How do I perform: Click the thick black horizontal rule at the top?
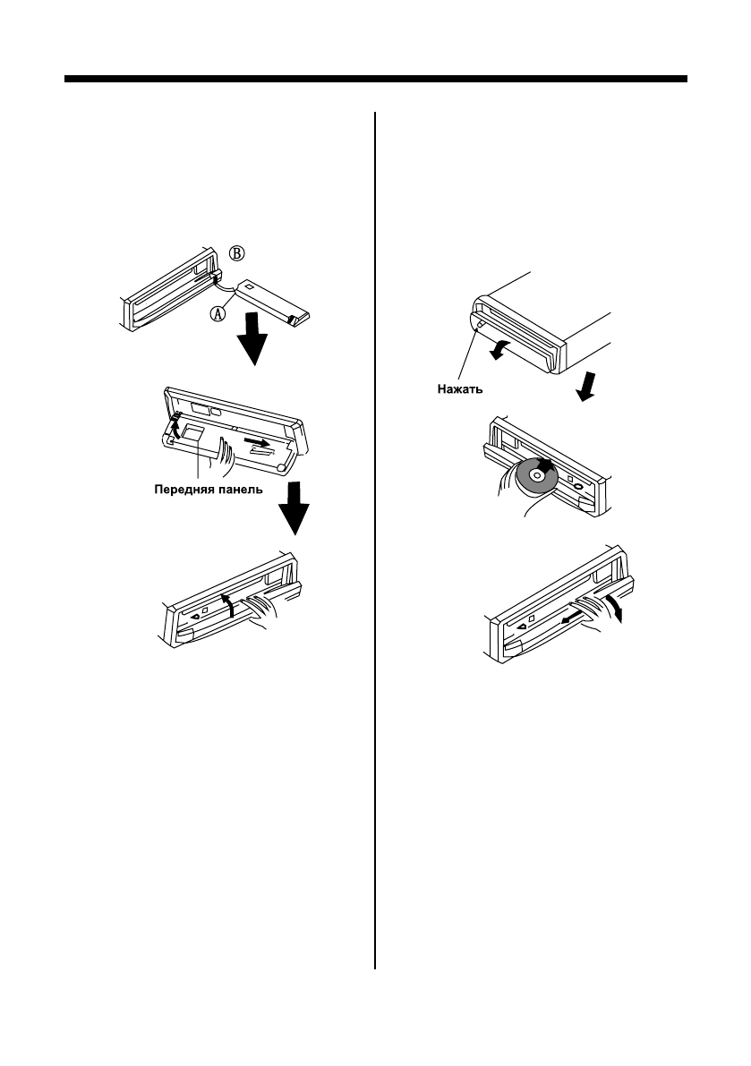(376, 80)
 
